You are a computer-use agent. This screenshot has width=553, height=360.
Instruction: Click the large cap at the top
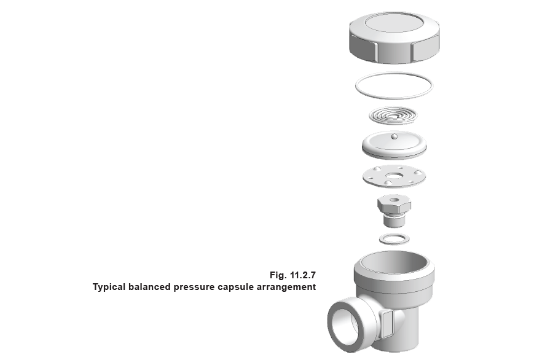[394, 37]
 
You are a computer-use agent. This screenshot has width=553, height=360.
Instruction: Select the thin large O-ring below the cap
[394, 85]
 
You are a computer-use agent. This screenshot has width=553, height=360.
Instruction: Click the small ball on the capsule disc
[394, 136]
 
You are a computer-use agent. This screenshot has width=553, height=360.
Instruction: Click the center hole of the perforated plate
[394, 176]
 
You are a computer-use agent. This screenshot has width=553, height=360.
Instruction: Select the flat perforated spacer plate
[394, 176]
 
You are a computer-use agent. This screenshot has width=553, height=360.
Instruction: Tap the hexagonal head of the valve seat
[394, 203]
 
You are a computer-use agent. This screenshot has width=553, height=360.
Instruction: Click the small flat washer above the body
[394, 239]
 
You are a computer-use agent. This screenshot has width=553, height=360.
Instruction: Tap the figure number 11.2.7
[303, 275]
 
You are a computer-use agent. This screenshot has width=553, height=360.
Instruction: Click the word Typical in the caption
[109, 288]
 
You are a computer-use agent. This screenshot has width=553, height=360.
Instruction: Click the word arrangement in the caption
[286, 288]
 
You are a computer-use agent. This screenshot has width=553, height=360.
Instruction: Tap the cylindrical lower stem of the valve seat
[394, 221]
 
